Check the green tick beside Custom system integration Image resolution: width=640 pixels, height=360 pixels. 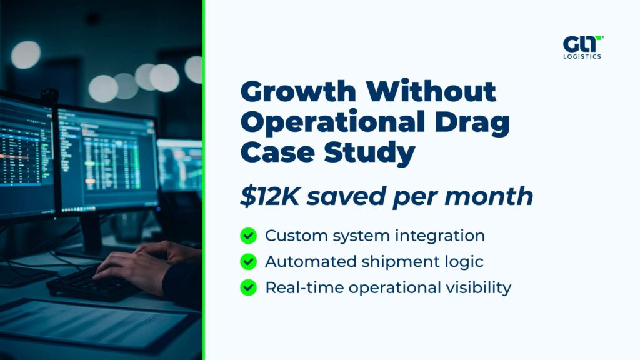click(248, 236)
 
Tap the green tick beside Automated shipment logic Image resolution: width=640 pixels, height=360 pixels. click(248, 261)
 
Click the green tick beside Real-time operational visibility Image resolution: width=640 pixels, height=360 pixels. click(248, 287)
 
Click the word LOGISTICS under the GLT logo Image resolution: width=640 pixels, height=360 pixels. click(582, 57)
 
